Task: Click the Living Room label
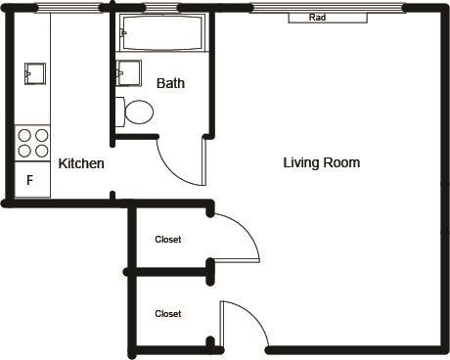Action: pyautogui.click(x=322, y=162)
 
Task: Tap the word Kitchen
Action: pyautogui.click(x=81, y=163)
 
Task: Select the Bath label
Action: pyautogui.click(x=170, y=83)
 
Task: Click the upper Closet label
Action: pyautogui.click(x=168, y=240)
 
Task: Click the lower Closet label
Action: pyautogui.click(x=168, y=314)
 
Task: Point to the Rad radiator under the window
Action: pyautogui.click(x=328, y=18)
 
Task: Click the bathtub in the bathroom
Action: pyautogui.click(x=162, y=32)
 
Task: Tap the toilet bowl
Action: pyautogui.click(x=139, y=112)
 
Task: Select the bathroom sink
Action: pyautogui.click(x=128, y=72)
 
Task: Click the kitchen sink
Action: pyautogui.click(x=35, y=73)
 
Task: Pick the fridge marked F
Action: pyautogui.click(x=32, y=180)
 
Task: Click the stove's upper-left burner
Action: pyautogui.click(x=24, y=135)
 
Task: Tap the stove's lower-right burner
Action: pyautogui.click(x=42, y=151)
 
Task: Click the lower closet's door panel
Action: pyautogui.click(x=222, y=325)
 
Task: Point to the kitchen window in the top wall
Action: pyautogui.click(x=67, y=8)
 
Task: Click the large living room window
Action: pyautogui.click(x=328, y=8)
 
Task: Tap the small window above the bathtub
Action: pyautogui.click(x=162, y=8)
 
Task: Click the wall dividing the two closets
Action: pyautogui.click(x=169, y=272)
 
